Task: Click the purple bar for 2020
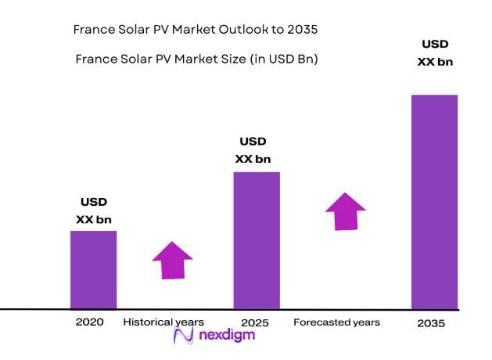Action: (x=93, y=269)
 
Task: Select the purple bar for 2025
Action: (x=257, y=239)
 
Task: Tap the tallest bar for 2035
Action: (x=435, y=201)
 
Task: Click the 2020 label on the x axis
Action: (x=89, y=322)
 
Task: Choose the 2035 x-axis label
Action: (x=432, y=322)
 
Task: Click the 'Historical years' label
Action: (x=163, y=322)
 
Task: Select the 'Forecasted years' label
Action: (x=336, y=322)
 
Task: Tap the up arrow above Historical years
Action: (x=172, y=260)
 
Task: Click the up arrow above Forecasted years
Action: (x=345, y=211)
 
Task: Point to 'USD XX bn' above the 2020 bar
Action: (x=93, y=211)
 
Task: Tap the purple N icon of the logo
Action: (x=182, y=337)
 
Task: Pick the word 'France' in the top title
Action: (x=92, y=30)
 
